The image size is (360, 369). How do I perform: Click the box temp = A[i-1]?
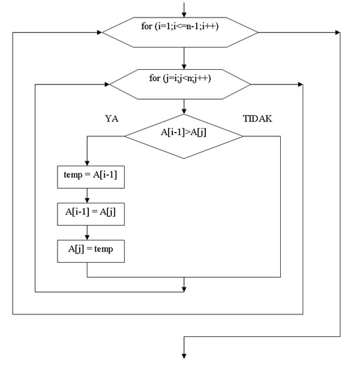[90, 177]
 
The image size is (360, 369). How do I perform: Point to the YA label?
[111, 119]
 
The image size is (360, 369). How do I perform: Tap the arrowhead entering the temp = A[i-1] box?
[87, 162]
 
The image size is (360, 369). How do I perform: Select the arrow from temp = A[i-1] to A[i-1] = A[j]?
[87, 196]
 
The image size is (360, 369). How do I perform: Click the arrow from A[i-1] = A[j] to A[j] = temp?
[87, 233]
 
